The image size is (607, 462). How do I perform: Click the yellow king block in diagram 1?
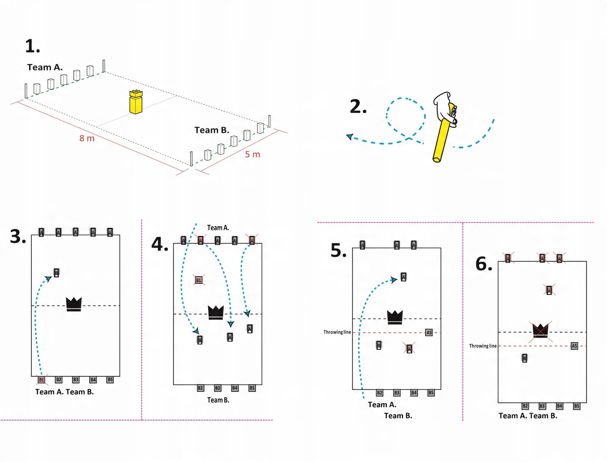[136, 102]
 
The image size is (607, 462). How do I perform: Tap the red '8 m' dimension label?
[87, 138]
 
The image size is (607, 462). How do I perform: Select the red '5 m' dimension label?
[252, 154]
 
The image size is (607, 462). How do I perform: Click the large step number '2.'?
[358, 107]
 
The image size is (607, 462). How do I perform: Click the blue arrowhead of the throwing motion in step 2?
[350, 137]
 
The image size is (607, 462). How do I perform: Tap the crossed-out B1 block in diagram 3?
[42, 380]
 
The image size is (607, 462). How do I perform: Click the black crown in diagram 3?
[74, 304]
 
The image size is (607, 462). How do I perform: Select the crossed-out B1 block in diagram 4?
[199, 280]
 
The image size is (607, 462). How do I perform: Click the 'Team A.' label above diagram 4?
[218, 228]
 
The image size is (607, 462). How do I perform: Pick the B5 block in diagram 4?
[252, 388]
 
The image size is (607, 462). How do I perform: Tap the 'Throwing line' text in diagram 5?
[337, 332]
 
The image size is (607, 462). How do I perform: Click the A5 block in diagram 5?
[429, 332]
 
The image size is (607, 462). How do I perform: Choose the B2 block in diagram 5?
[380, 393]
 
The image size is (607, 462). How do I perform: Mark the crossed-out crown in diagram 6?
[540, 331]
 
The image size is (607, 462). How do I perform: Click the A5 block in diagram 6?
[574, 346]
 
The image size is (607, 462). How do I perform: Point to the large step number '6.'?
[484, 264]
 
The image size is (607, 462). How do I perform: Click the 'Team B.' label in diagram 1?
[212, 130]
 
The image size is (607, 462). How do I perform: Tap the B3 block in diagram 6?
[542, 406]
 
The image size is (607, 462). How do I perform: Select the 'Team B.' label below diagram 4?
[218, 400]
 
